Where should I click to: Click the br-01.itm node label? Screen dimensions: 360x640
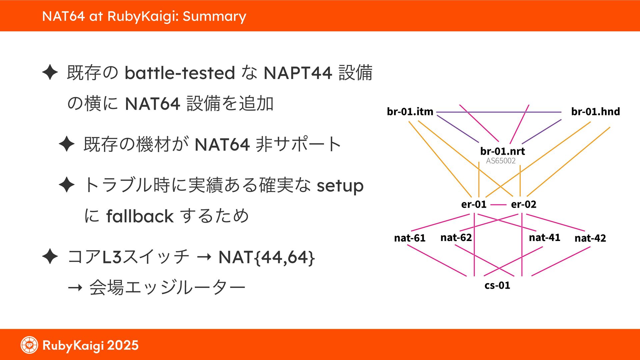(x=410, y=111)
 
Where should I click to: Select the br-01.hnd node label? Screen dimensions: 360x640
(x=595, y=111)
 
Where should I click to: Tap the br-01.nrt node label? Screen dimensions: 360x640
(x=502, y=151)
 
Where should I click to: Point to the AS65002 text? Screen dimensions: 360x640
(x=501, y=161)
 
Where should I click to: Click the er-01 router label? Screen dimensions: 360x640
(x=474, y=204)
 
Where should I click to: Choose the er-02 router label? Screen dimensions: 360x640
(x=523, y=204)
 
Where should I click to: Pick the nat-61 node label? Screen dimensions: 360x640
(x=410, y=238)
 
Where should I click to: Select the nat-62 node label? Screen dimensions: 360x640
(x=456, y=237)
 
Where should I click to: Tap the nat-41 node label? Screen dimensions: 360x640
(x=544, y=237)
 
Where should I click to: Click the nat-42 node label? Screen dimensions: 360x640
(x=590, y=238)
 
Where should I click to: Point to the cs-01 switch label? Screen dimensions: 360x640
(x=497, y=285)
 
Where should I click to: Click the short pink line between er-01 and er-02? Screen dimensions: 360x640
(x=498, y=205)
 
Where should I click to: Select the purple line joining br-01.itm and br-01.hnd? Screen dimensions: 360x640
(x=500, y=112)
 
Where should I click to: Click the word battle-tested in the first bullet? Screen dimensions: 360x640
(x=180, y=73)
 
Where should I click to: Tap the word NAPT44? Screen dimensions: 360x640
(x=298, y=73)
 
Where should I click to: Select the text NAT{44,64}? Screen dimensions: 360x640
(x=266, y=257)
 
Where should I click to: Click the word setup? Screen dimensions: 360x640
(x=340, y=186)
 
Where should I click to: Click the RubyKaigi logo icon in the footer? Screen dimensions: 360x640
(x=29, y=345)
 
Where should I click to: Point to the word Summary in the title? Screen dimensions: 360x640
(x=214, y=16)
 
